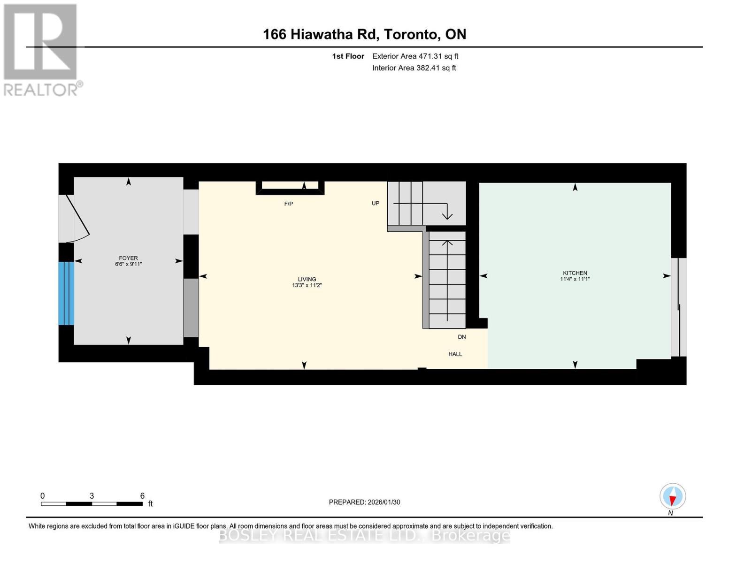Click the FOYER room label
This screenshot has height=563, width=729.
[128, 258]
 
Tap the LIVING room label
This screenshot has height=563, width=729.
[307, 279]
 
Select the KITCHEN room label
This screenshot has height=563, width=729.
[575, 273]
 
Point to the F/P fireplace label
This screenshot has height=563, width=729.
[289, 204]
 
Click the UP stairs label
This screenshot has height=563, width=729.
[376, 203]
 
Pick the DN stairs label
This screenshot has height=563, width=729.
[462, 337]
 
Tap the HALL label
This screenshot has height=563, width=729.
[455, 354]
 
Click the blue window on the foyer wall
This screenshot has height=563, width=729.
[66, 293]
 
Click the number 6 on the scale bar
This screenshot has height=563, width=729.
[142, 496]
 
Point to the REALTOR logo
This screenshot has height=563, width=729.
[41, 49]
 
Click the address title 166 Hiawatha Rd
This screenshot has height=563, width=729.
[364, 34]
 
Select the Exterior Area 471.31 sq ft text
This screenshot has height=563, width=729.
[415, 56]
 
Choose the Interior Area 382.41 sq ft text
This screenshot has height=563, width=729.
[414, 68]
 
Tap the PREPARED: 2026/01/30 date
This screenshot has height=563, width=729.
[364, 502]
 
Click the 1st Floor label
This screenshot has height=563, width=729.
[348, 56]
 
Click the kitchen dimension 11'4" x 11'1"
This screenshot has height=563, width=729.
[575, 279]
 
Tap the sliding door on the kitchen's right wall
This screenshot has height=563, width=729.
[678, 307]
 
